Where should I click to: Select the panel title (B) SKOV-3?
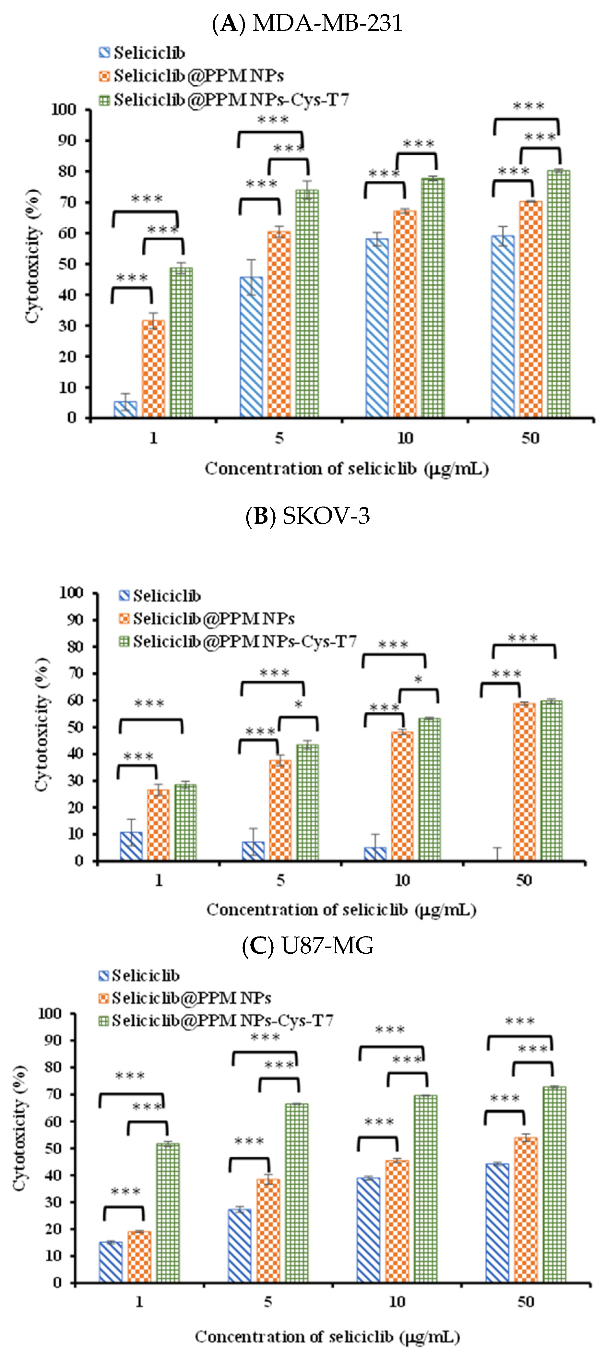coord(308,516)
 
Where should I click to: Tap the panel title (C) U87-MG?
coord(308,946)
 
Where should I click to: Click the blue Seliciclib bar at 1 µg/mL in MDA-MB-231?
coord(125,409)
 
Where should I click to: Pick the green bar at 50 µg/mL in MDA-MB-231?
coord(558,293)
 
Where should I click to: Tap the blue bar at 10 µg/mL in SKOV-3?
coord(375,854)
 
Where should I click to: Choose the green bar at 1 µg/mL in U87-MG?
coord(168,1213)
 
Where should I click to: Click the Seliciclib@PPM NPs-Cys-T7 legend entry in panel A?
coord(224,100)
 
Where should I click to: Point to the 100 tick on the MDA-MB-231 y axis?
coord(64,110)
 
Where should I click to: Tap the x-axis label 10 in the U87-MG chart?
coord(397,1302)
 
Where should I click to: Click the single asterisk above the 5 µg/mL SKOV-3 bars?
coord(298,705)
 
